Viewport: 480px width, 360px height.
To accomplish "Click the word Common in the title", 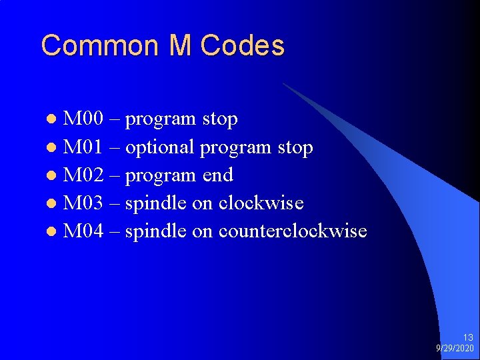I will click(101, 46).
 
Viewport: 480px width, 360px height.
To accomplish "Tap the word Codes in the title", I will click(243, 46).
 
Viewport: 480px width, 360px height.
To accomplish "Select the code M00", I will click(83, 119).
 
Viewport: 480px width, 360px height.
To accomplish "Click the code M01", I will click(83, 147).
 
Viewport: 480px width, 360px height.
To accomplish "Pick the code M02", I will click(83, 175).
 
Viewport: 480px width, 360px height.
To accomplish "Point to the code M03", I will click(83, 203).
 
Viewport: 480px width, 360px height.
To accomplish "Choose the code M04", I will click(83, 231).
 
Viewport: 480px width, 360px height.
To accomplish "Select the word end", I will click(218, 175).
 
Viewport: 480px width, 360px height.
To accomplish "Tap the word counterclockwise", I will click(293, 231).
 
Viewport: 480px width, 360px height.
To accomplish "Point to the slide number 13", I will click(467, 338).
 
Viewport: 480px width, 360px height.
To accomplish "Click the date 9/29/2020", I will click(455, 349).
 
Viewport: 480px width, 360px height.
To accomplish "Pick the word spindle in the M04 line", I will click(156, 231).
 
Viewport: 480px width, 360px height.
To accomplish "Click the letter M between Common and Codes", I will click(180, 46).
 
